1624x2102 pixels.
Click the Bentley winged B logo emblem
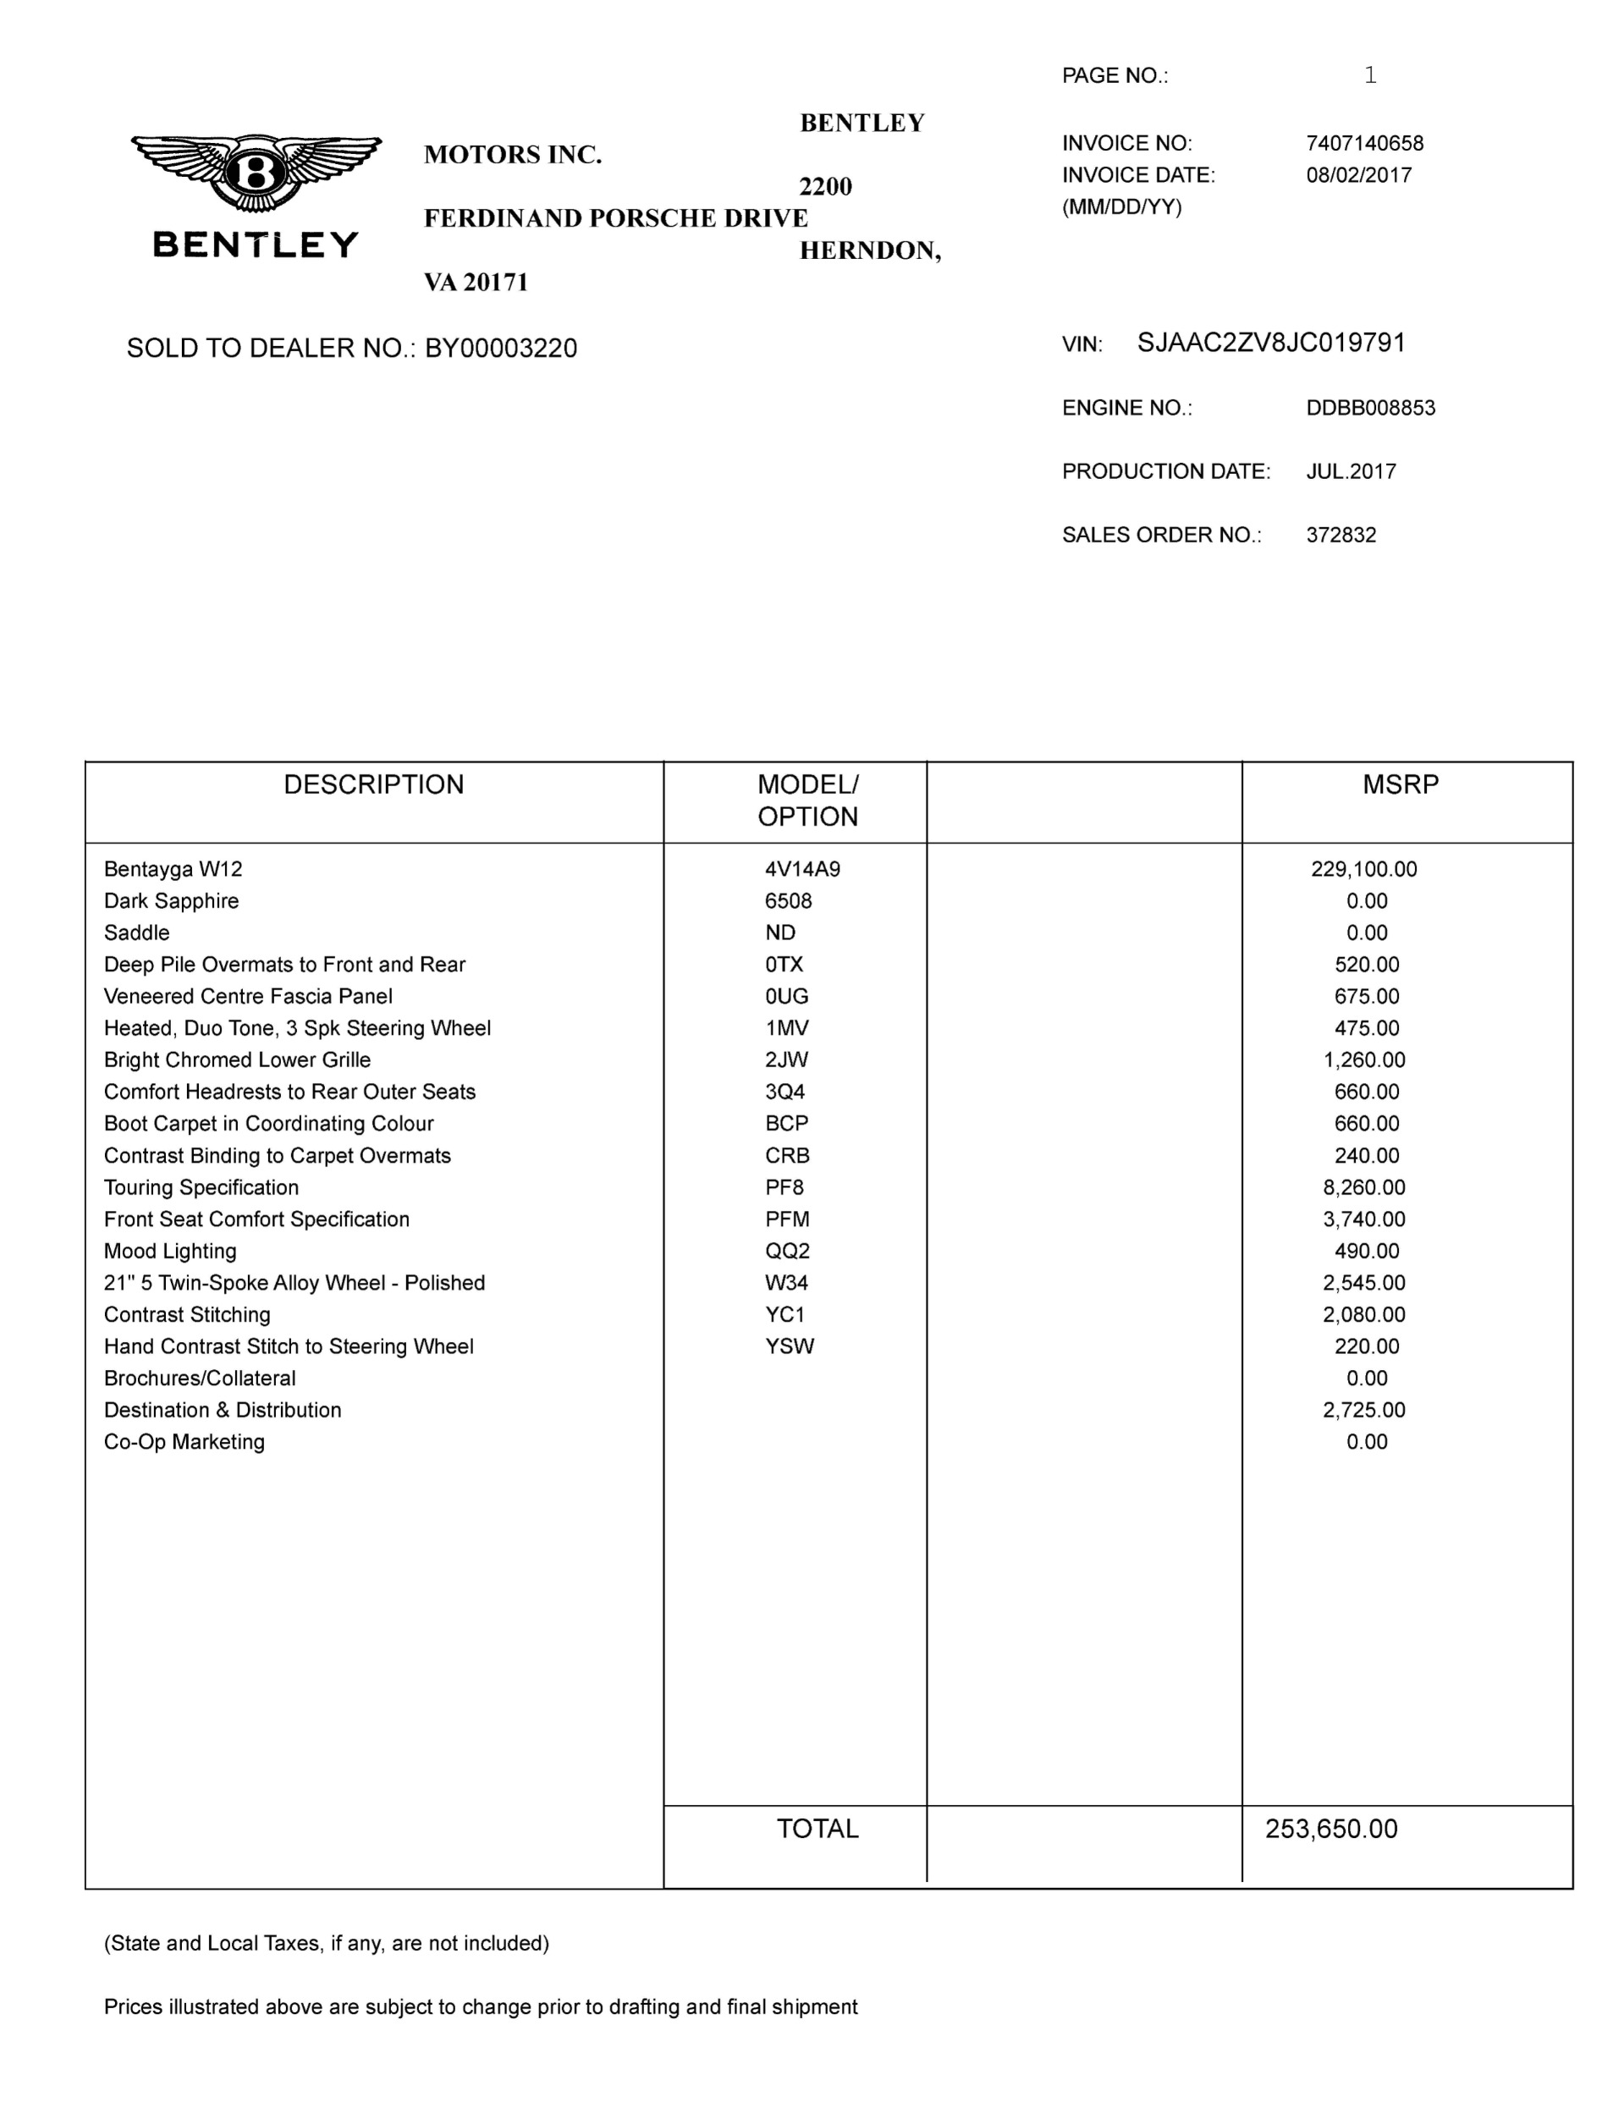click(x=256, y=173)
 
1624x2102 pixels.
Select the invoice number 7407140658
click(x=1364, y=143)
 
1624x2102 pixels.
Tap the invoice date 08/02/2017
click(x=1358, y=175)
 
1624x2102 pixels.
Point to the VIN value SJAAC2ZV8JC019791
click(x=1271, y=343)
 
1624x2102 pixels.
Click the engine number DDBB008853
click(x=1370, y=408)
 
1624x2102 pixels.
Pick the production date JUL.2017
click(x=1351, y=471)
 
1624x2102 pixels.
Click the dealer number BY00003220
click(x=501, y=349)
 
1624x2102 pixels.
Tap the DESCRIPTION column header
click(x=373, y=784)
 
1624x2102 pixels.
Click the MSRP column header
click(x=1400, y=784)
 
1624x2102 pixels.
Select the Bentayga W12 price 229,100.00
click(x=1363, y=869)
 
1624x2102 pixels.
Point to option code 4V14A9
click(x=802, y=869)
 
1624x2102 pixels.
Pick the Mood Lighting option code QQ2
click(x=786, y=1252)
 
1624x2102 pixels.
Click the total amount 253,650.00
click(x=1330, y=1829)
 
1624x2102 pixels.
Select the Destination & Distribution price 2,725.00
click(x=1363, y=1410)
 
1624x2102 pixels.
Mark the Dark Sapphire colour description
click(x=171, y=901)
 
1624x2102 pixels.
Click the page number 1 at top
click(x=1370, y=75)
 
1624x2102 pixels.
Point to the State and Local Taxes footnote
click(x=327, y=1943)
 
